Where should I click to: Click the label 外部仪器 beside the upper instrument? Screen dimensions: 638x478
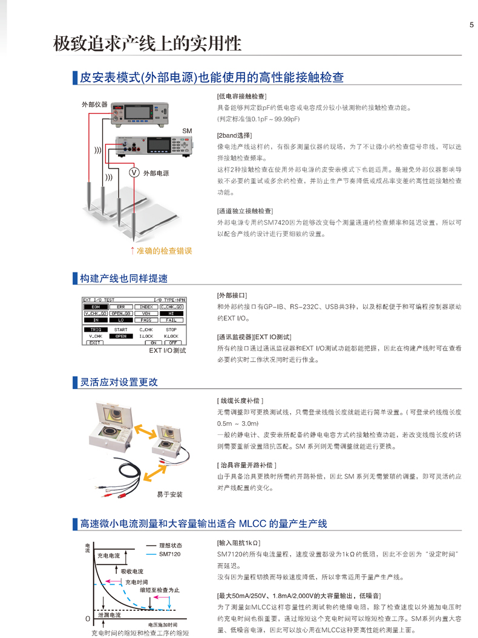(x=94, y=105)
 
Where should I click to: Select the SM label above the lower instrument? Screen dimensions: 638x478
(x=186, y=131)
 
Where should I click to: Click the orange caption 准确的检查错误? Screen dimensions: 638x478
(x=162, y=250)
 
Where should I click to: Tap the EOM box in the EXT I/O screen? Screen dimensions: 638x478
(x=95, y=307)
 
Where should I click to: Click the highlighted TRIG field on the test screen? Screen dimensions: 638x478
(x=95, y=330)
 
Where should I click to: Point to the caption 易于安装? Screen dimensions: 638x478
(x=169, y=494)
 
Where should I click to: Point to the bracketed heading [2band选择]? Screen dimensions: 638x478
(x=235, y=135)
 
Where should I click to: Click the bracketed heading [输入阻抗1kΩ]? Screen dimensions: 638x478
(x=238, y=543)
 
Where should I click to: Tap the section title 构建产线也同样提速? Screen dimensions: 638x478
(x=123, y=279)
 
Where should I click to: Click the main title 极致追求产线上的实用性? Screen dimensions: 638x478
(x=148, y=44)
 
